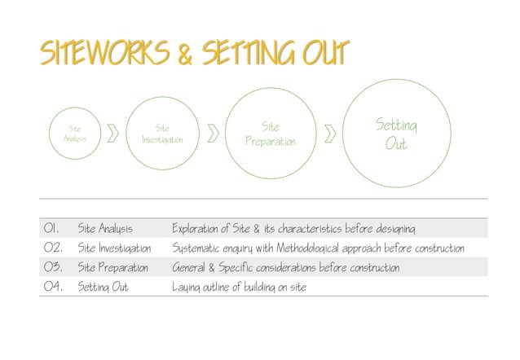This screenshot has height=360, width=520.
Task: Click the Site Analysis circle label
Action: tap(74, 134)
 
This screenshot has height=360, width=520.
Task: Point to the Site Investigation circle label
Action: tap(162, 134)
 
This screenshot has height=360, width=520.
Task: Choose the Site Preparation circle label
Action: tap(270, 134)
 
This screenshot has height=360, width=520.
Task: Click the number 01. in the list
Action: tap(55, 227)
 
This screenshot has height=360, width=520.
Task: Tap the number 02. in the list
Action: tap(55, 247)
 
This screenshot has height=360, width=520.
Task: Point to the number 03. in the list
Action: tap(55, 267)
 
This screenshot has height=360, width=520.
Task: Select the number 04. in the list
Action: tap(55, 287)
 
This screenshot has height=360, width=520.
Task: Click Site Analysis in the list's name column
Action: tap(104, 227)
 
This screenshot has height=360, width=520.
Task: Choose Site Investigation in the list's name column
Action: tap(114, 247)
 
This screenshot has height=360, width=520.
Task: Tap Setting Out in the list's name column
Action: tap(103, 287)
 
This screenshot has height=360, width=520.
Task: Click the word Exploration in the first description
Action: tap(199, 227)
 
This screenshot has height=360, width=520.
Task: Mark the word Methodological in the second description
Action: tap(313, 247)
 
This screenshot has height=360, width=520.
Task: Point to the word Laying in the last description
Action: tap(187, 288)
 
